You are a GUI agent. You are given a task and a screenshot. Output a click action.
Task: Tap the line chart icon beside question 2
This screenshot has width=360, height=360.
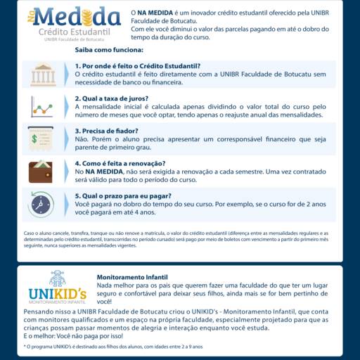41,107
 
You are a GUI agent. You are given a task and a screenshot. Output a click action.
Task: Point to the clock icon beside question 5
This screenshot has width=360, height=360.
41,205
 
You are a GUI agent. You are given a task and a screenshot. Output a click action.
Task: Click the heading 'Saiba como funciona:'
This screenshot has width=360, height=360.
109,51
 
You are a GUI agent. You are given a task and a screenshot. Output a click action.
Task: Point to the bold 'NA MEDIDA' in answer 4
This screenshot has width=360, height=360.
104,172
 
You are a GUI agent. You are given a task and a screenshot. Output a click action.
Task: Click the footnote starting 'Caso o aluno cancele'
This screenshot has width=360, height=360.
179,239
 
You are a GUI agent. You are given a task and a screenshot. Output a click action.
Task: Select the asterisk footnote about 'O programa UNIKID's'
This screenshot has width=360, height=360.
113,346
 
